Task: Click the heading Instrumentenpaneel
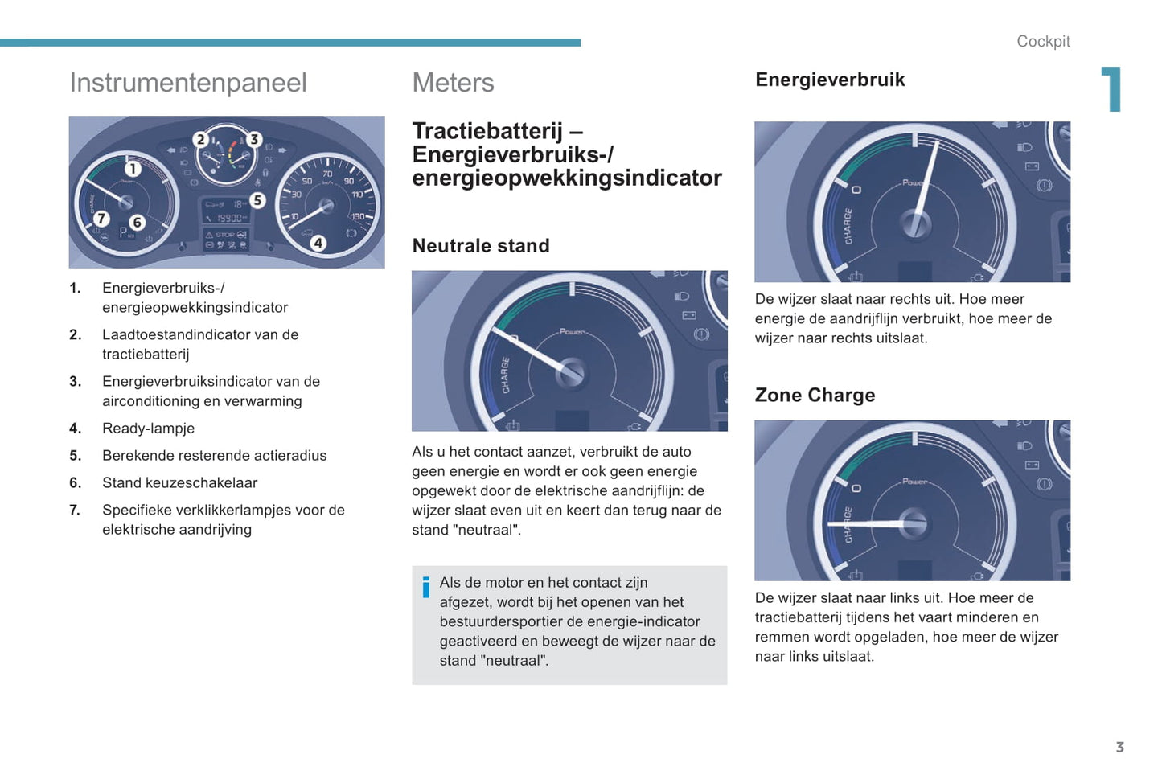[188, 83]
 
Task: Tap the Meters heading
[453, 83]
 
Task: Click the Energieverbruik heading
[830, 80]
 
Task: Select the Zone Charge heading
[815, 395]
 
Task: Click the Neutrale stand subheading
[481, 246]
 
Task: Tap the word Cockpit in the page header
[1043, 42]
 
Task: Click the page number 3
[1119, 747]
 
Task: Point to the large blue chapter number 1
[1112, 88]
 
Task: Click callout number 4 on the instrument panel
[318, 243]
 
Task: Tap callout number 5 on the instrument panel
[257, 200]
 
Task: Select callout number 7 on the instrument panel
[101, 218]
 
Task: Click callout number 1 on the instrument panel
[133, 169]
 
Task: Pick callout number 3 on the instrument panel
[254, 139]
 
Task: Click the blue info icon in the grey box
[425, 587]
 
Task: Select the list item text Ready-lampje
[148, 429]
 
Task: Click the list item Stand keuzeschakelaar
[179, 482]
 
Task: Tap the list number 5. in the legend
[75, 456]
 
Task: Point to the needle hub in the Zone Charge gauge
[914, 523]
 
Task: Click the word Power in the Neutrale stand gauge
[572, 332]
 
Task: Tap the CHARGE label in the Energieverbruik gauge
[848, 226]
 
